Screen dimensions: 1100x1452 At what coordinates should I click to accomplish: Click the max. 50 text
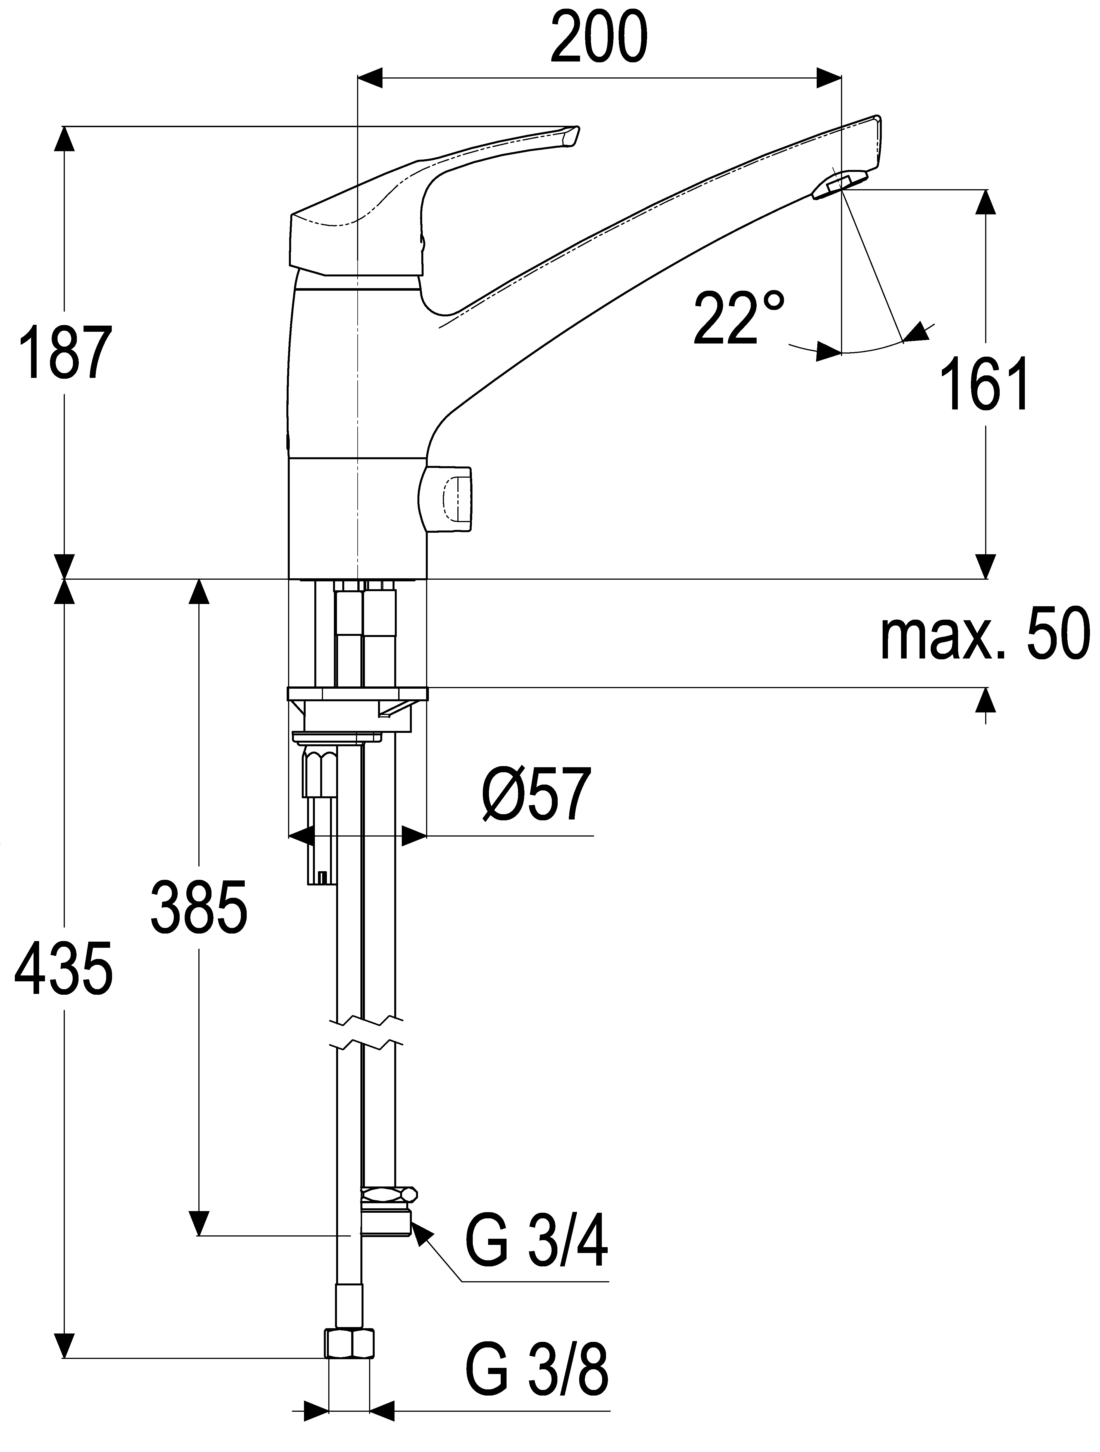tap(985, 634)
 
